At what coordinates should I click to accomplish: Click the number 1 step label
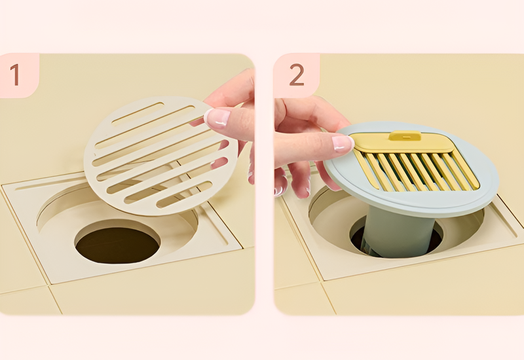(14, 75)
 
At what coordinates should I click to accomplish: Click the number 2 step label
(297, 75)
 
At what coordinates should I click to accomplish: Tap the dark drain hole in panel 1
(117, 245)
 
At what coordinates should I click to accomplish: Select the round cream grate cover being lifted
(161, 156)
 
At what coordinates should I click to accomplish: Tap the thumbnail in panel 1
(217, 118)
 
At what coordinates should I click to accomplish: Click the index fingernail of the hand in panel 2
(342, 144)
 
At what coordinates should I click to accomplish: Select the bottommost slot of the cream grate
(185, 194)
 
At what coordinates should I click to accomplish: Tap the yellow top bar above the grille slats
(404, 143)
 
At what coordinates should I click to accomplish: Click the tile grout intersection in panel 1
(48, 285)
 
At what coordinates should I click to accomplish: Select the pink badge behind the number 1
(19, 75)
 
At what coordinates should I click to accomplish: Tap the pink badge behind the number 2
(296, 75)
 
